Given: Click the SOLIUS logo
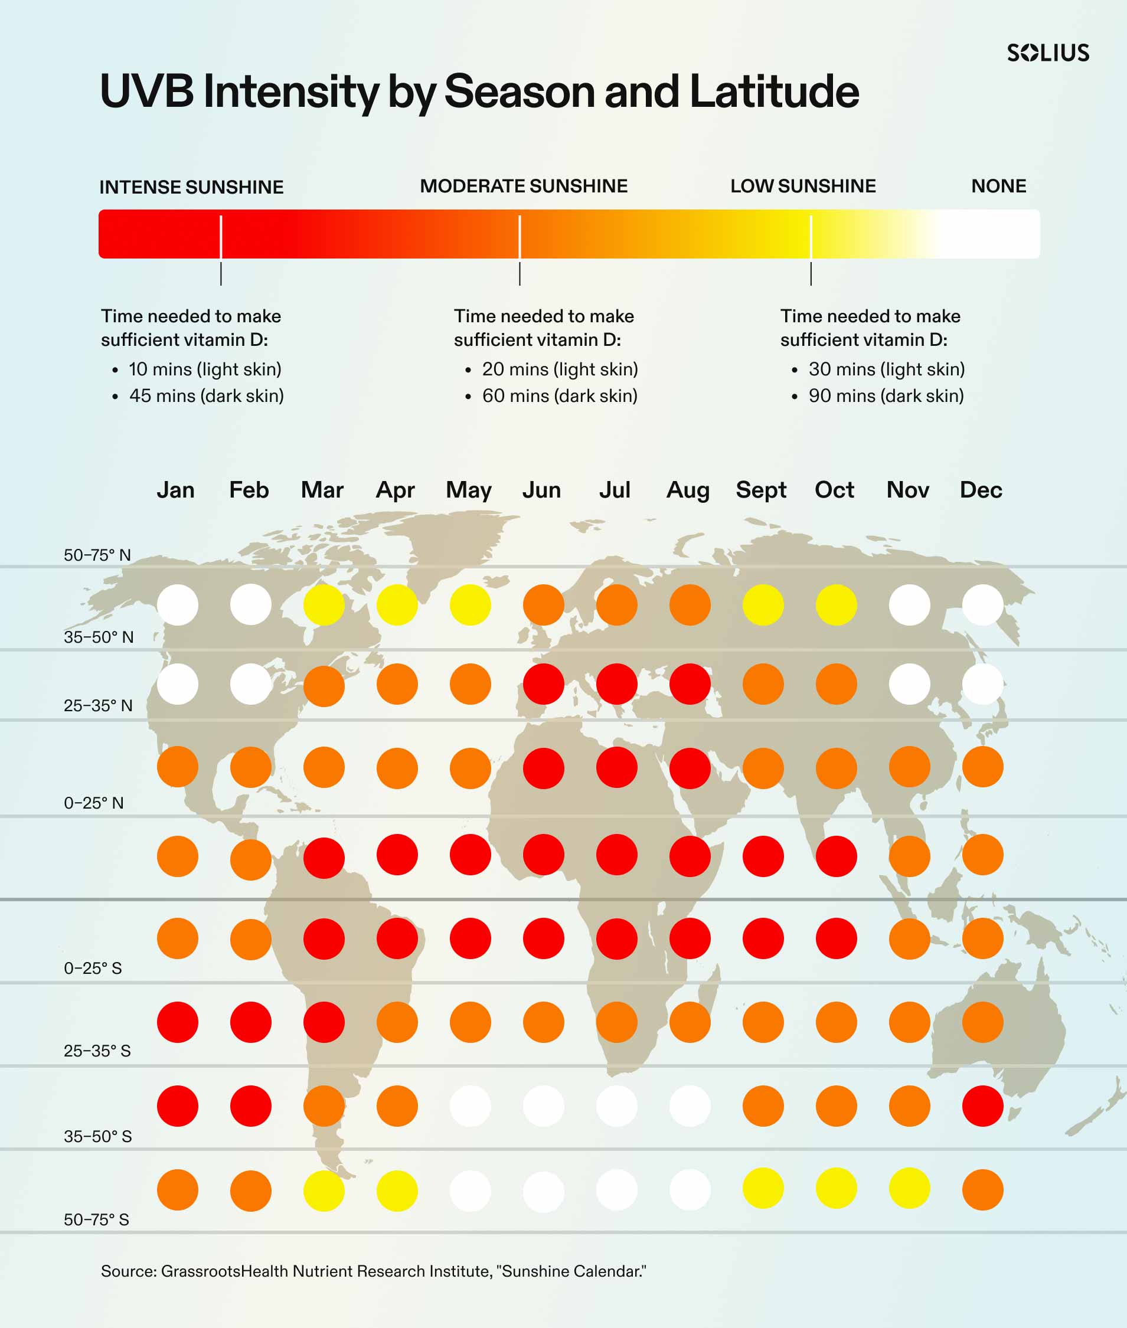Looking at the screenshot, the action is tap(1048, 53).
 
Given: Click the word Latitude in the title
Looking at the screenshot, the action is tap(775, 91).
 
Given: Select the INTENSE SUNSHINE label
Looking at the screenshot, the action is tap(191, 187).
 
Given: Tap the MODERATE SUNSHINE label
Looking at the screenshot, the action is tap(524, 186).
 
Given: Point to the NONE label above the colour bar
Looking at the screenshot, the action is tap(998, 186).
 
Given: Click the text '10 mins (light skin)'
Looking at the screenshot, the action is tap(205, 369).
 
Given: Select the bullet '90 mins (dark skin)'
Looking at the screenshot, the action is tap(886, 396).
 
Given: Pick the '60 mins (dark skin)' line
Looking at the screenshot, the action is tap(560, 396).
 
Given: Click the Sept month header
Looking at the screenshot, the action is tap(761, 490).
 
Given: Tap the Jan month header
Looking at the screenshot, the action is tap(176, 490).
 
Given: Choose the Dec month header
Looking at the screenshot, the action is tap(981, 490).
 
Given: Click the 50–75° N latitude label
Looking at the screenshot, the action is tap(97, 555).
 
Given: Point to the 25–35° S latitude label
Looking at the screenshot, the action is tap(97, 1051).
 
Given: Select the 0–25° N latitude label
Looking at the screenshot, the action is tap(93, 803).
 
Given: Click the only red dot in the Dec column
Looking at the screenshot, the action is tap(982, 1105).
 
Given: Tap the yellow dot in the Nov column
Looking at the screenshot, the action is tap(909, 1188).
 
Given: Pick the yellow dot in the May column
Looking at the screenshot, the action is tap(470, 605).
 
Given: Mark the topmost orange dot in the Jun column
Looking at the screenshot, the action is tap(544, 605).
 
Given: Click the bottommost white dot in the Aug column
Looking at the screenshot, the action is tap(690, 1190).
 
